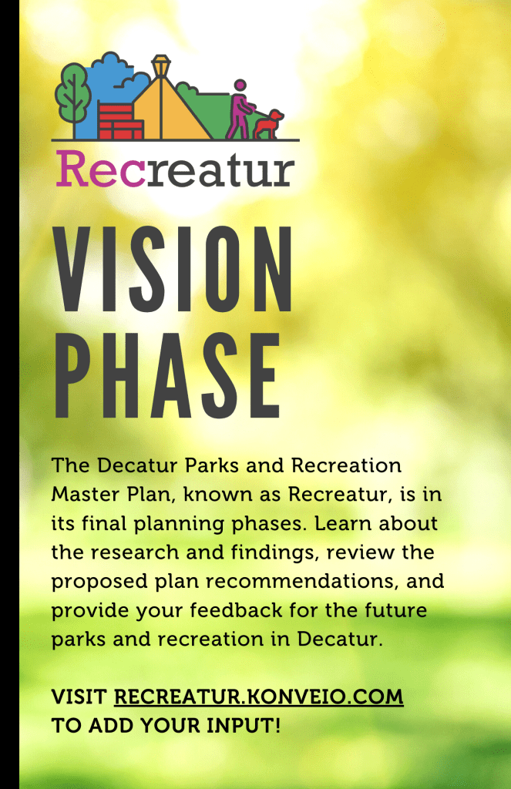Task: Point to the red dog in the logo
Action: point(269,124)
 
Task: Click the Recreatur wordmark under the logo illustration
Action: point(174,170)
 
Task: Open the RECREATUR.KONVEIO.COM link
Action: point(258,697)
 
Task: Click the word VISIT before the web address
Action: point(79,697)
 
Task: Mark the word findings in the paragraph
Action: point(254,552)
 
